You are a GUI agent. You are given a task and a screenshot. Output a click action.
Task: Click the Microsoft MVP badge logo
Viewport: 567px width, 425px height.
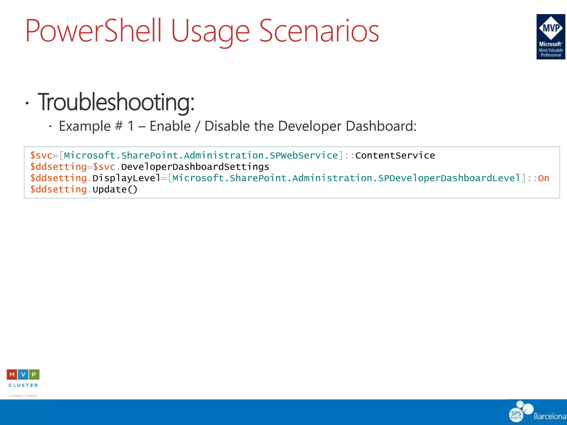point(550,37)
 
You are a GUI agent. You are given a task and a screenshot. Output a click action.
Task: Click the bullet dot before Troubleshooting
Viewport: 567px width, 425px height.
point(27,103)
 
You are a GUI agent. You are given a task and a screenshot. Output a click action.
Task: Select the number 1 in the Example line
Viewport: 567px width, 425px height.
point(131,126)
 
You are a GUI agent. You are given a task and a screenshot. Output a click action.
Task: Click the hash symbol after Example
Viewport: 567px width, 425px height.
point(119,126)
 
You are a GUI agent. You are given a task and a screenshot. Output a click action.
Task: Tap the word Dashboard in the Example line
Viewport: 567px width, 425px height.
point(381,126)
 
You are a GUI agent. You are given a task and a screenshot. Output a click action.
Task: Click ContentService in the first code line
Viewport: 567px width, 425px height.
point(395,156)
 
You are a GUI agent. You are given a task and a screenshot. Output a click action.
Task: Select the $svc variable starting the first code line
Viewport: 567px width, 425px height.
point(41,156)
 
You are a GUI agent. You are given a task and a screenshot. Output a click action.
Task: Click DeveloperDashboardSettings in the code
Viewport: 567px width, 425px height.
point(195,167)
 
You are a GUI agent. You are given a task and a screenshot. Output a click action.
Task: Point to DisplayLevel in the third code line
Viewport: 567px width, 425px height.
point(126,178)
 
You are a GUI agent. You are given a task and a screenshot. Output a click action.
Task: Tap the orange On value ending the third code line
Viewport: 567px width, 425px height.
point(543,178)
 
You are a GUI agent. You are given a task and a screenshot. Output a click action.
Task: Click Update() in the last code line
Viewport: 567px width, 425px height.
point(115,190)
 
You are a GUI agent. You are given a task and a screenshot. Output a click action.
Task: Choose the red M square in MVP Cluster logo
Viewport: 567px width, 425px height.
point(12,375)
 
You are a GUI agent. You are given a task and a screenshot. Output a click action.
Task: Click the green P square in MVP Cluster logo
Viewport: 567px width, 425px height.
point(34,375)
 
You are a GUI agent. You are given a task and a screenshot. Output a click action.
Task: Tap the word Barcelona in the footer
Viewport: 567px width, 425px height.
point(550,416)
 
